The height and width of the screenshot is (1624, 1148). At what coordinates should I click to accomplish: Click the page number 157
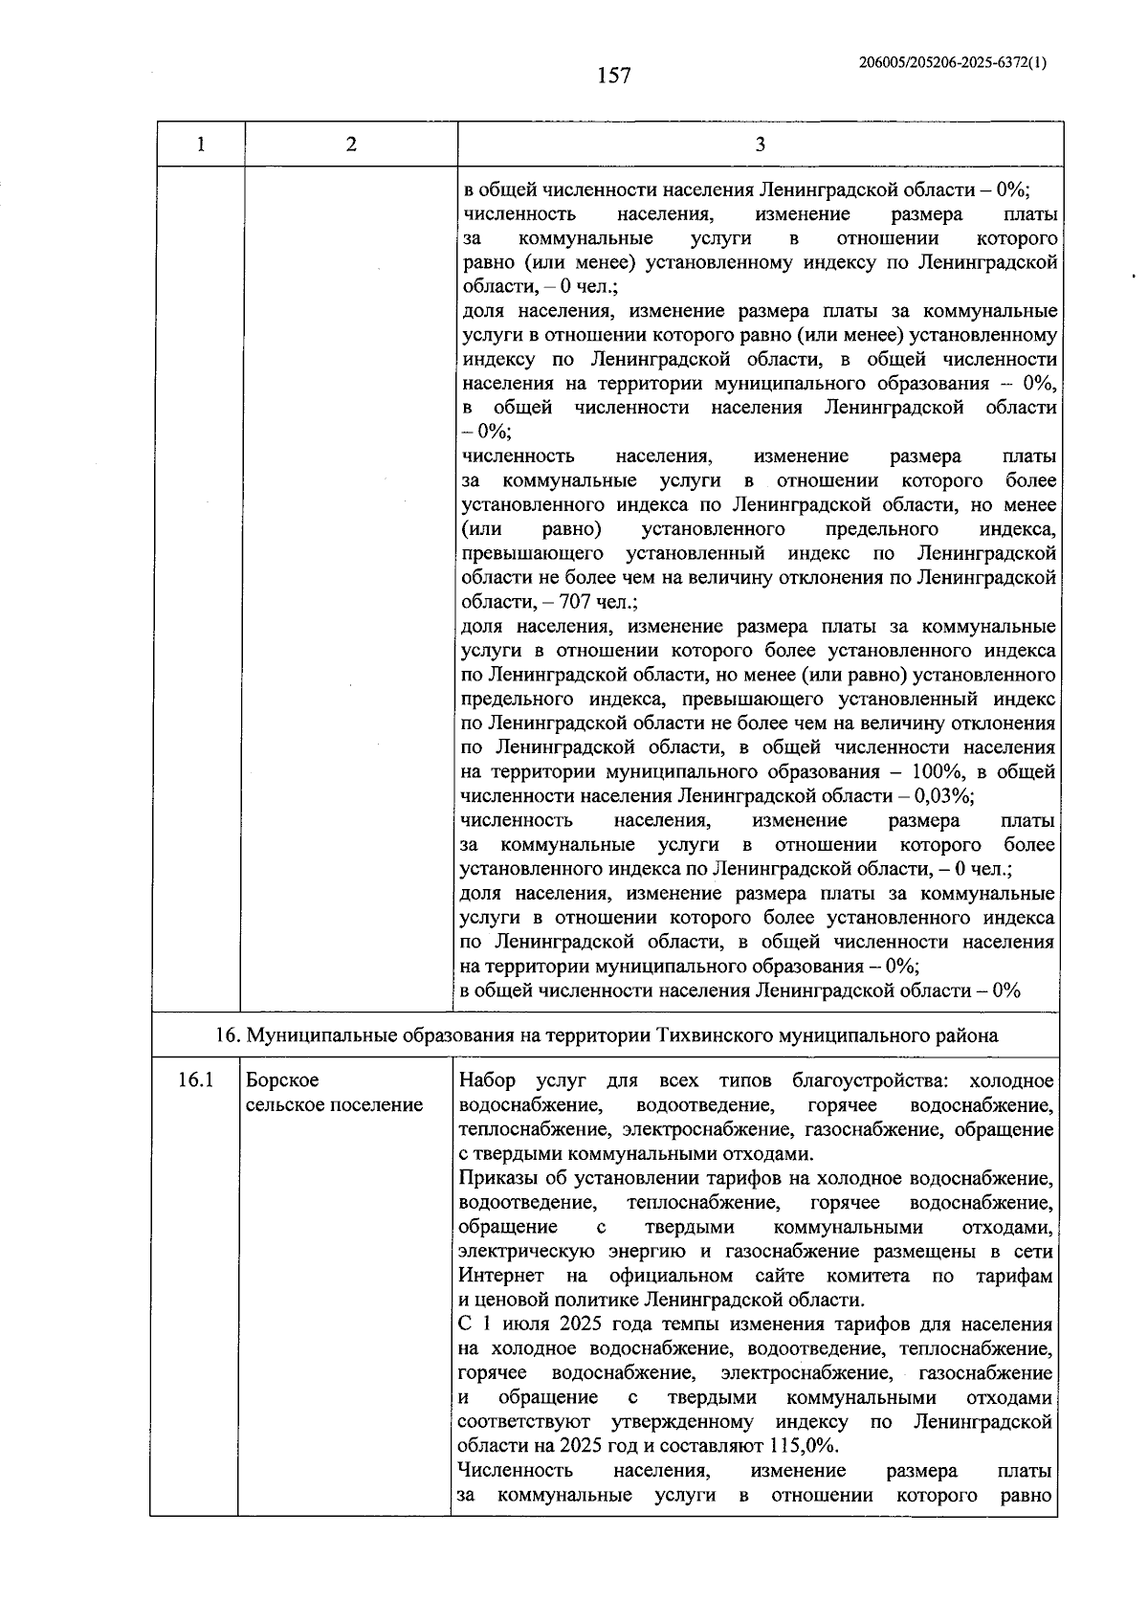pyautogui.click(x=613, y=76)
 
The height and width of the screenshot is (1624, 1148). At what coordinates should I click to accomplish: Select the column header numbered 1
pyautogui.click(x=200, y=145)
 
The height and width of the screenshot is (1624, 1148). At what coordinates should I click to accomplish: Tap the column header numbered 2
pyautogui.click(x=351, y=145)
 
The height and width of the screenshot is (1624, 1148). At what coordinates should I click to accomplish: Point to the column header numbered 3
pyautogui.click(x=760, y=145)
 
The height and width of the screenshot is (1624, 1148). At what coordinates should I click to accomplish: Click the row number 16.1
pyautogui.click(x=194, y=1080)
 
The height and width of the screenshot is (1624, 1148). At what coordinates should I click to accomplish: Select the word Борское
pyautogui.click(x=282, y=1080)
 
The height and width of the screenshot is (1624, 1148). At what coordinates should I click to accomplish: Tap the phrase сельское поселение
pyautogui.click(x=334, y=1105)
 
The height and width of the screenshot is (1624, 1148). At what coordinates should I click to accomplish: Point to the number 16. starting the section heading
pyautogui.click(x=226, y=1035)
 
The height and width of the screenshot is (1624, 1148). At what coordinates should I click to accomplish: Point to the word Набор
pyautogui.click(x=487, y=1080)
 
